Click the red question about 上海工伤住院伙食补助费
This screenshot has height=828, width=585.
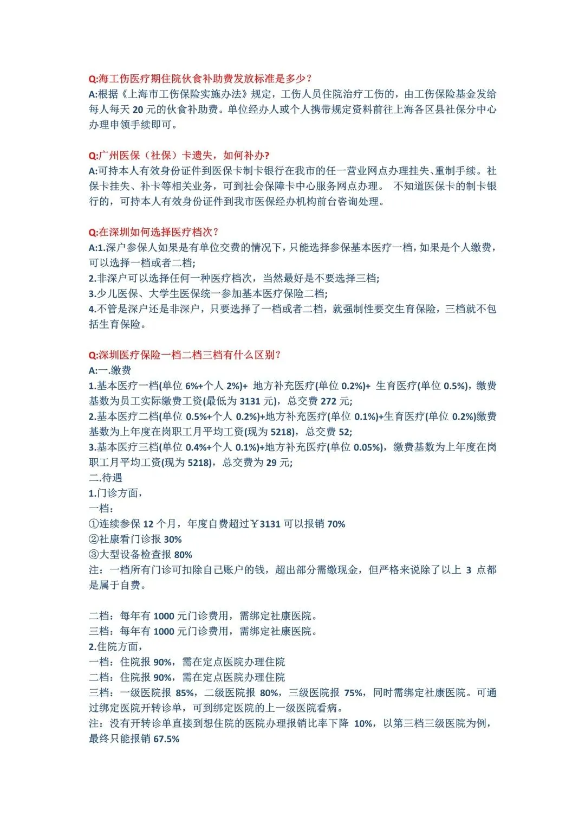(200, 79)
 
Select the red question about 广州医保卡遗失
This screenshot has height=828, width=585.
(179, 156)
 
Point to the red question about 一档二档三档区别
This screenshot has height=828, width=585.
(185, 355)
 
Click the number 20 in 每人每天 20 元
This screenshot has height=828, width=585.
(138, 110)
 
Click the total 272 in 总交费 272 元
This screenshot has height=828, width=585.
(328, 401)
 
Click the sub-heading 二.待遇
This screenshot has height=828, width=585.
(106, 478)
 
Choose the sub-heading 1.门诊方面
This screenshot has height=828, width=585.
(116, 493)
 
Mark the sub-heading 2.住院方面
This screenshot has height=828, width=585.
(116, 646)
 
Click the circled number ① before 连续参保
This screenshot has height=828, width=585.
(94, 524)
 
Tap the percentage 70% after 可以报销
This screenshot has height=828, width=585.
(336, 524)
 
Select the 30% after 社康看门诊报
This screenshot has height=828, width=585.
(173, 540)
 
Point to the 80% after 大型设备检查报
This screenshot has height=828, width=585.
(183, 555)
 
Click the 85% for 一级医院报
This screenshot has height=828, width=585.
(185, 692)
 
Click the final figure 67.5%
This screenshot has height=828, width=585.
(166, 739)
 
